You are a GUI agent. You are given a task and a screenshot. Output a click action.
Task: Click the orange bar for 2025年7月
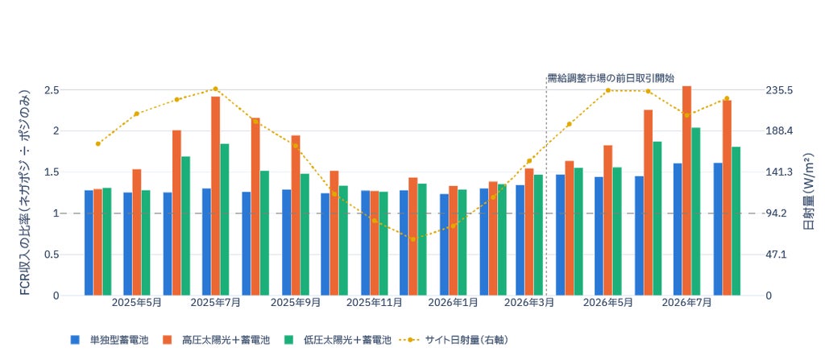216,196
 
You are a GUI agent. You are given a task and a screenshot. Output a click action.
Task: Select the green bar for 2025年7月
225,220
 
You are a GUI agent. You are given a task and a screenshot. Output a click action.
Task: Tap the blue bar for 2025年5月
128,244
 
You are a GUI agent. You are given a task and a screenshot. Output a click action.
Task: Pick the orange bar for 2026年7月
686,191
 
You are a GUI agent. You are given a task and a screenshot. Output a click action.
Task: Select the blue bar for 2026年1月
445,245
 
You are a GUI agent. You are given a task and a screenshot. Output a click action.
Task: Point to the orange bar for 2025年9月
296,215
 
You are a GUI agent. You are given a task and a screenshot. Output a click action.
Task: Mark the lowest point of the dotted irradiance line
413,239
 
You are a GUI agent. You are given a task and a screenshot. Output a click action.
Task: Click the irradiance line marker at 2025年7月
216,89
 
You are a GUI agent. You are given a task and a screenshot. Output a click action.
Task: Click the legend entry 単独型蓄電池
110,340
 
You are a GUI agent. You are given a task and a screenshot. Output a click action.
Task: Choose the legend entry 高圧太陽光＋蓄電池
216,340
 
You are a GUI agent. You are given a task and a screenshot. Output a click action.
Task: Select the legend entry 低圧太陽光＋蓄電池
338,340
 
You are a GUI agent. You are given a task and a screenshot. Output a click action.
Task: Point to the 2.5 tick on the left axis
52,90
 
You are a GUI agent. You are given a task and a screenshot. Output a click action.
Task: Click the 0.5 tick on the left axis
52,254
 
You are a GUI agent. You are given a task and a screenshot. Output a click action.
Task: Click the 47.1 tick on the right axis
776,254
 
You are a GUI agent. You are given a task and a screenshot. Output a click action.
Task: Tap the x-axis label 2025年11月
374,303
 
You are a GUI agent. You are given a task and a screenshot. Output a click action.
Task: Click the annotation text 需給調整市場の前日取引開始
611,78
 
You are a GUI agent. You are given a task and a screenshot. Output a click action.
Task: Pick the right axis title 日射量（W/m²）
810,192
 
